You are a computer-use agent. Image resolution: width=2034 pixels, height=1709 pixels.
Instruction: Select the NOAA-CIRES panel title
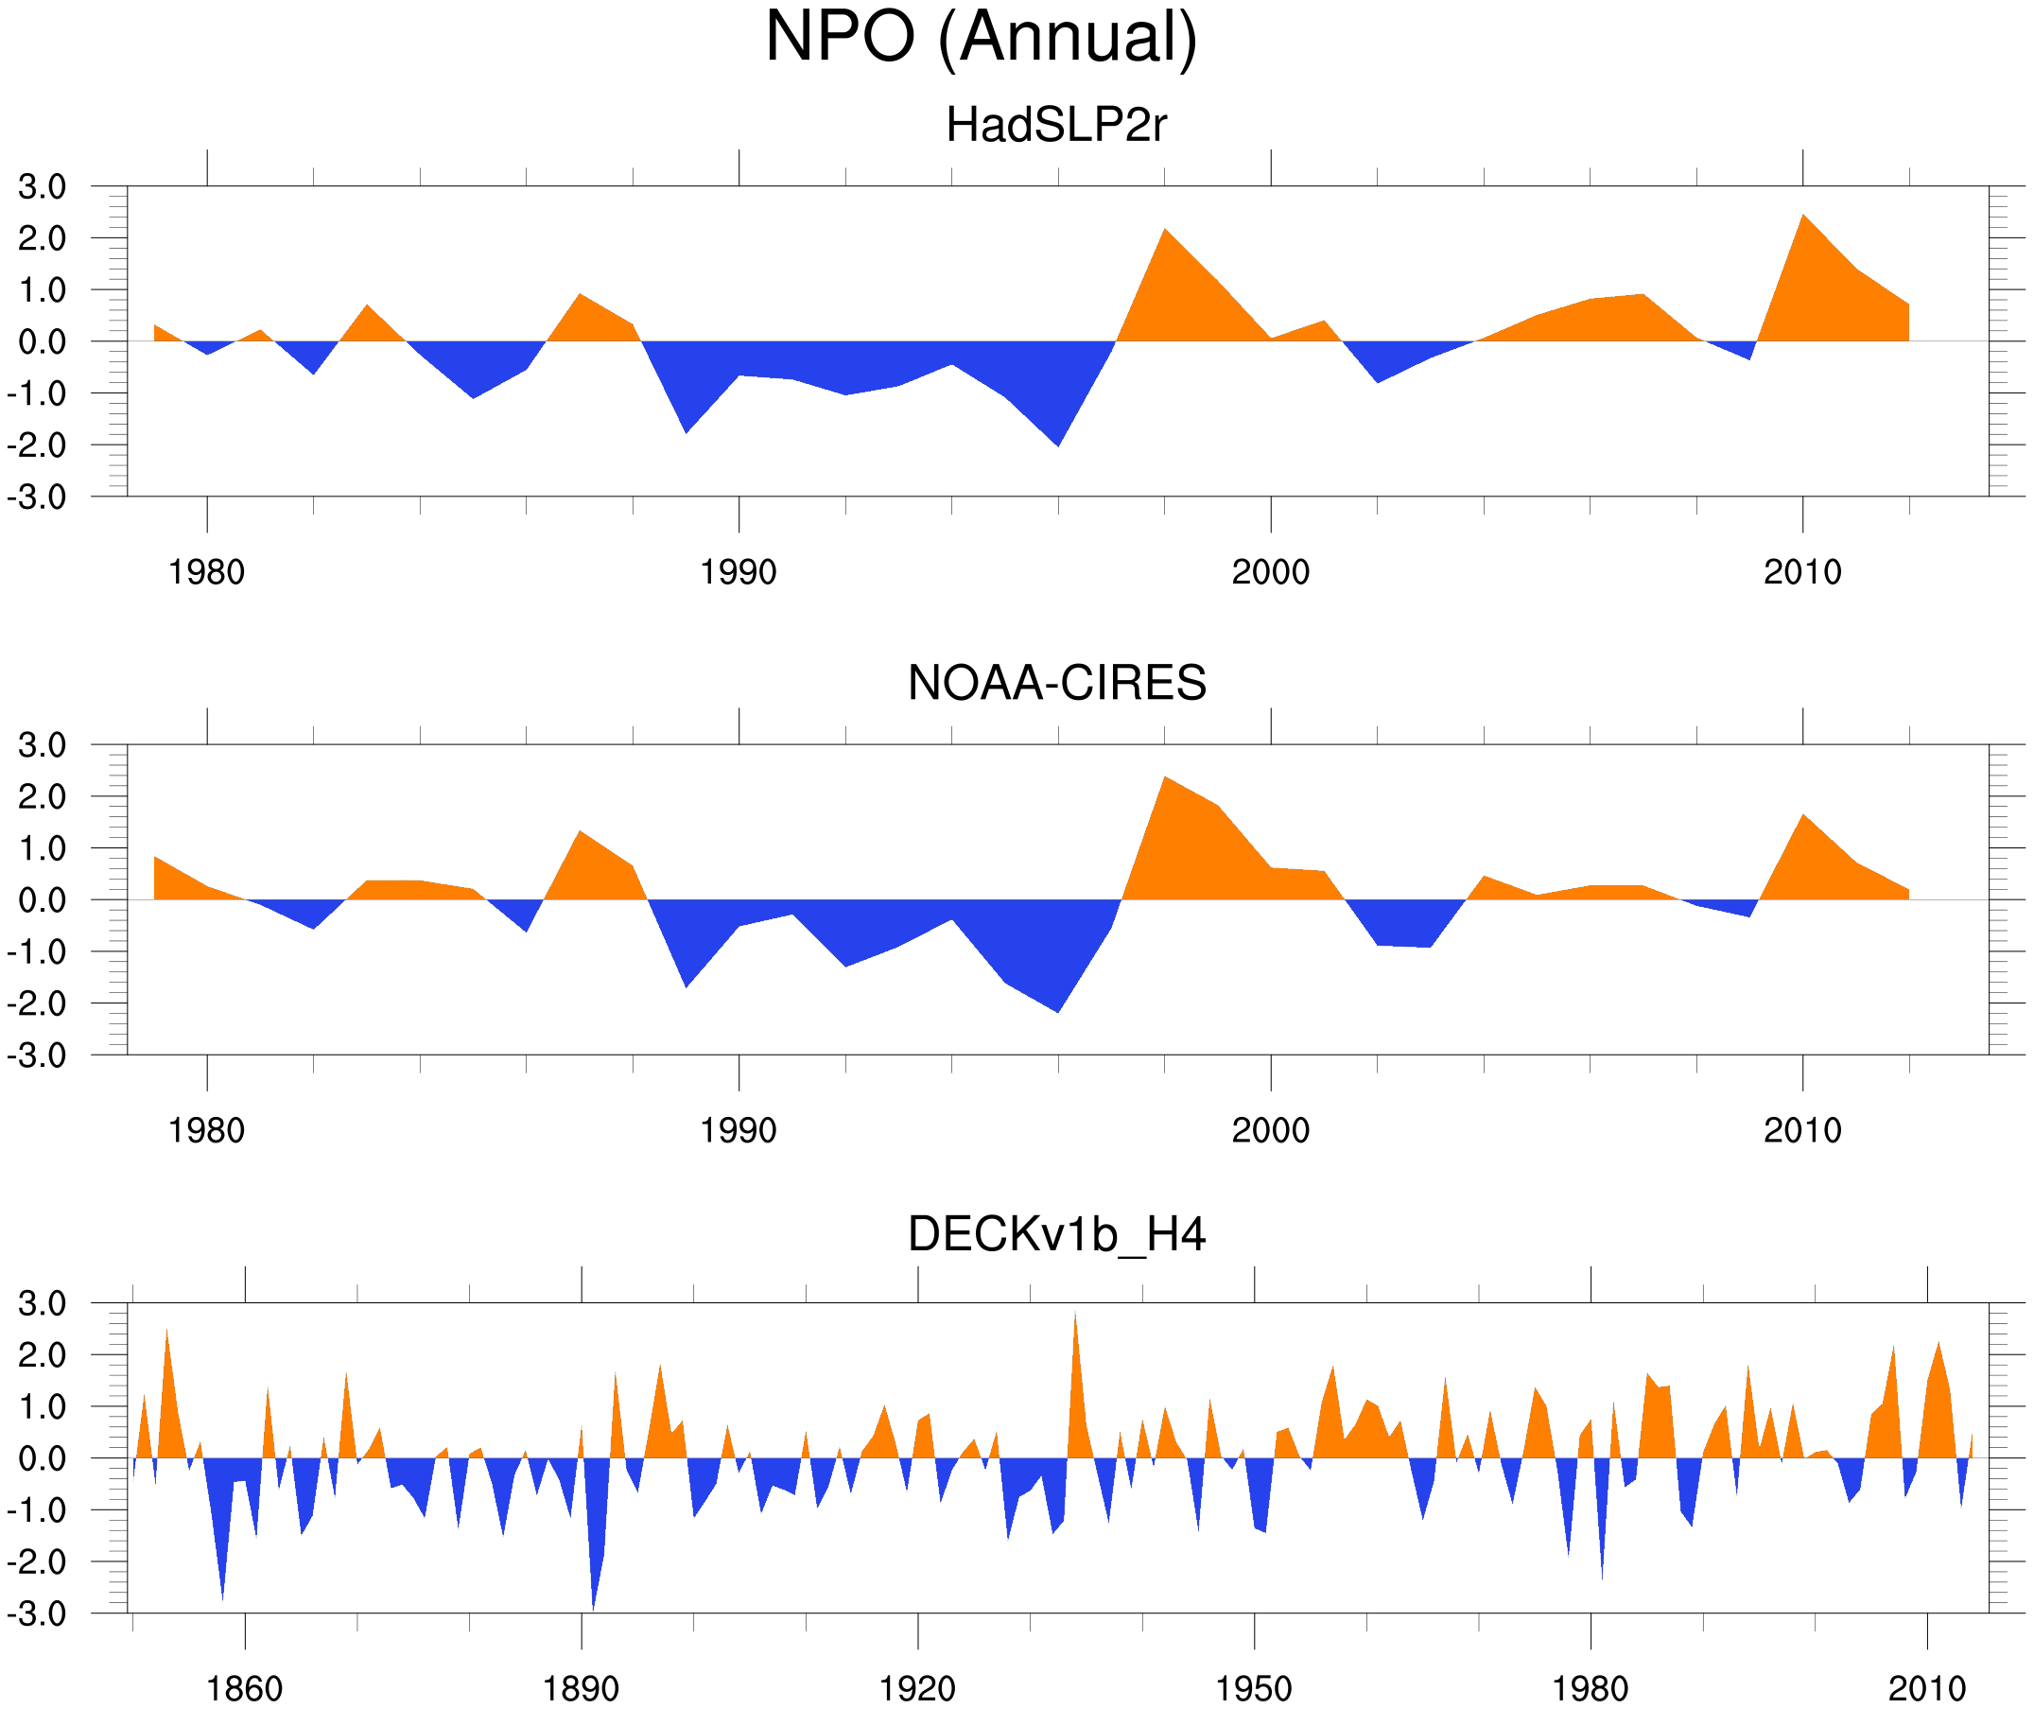click(1055, 684)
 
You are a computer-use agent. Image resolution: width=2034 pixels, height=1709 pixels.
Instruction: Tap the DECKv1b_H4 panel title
click(1055, 1235)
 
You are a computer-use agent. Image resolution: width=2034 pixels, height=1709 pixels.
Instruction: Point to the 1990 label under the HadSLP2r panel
click(739, 572)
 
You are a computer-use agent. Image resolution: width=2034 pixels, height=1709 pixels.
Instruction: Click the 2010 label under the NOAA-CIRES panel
click(1801, 1130)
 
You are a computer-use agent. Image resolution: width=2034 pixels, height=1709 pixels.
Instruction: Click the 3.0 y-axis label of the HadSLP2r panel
click(42, 187)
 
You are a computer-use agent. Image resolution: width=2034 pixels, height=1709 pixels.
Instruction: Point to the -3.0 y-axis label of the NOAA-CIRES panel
click(37, 1056)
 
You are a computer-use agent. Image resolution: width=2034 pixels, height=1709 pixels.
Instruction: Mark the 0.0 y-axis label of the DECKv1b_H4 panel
click(42, 1458)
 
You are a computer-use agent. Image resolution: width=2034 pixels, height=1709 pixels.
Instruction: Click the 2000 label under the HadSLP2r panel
click(1270, 572)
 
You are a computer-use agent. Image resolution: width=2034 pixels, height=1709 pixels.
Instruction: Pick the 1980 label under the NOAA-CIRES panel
click(206, 1130)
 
